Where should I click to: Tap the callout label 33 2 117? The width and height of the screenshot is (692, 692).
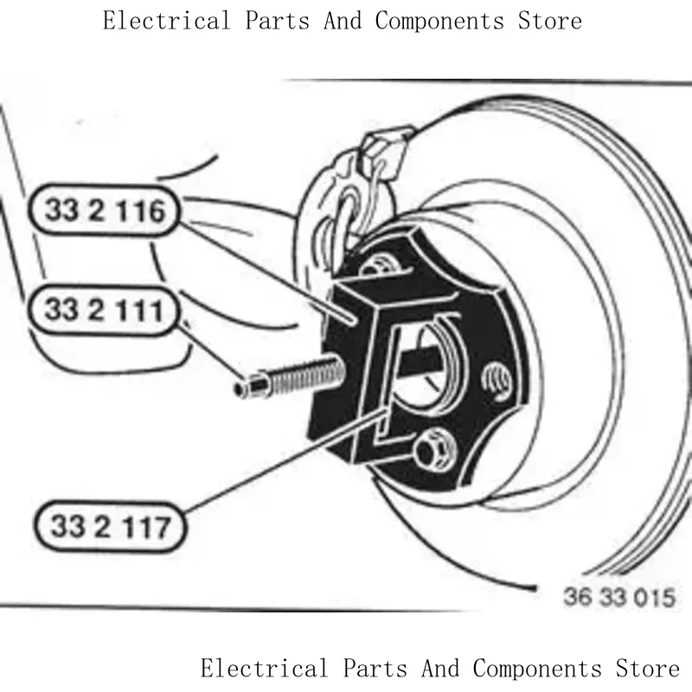coord(111,526)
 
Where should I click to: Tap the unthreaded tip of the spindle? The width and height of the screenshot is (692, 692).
coord(247,389)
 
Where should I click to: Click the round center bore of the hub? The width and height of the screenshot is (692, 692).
coord(426,359)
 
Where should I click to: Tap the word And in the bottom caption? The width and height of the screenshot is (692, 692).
coord(443,669)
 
